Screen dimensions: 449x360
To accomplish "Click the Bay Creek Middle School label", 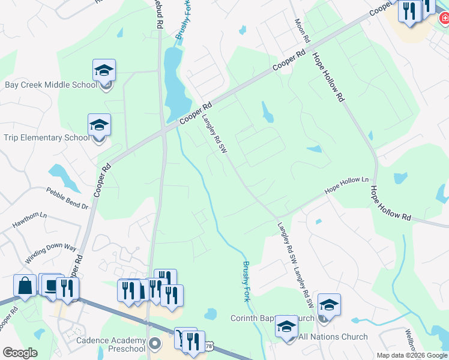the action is pyautogui.click(x=51, y=85).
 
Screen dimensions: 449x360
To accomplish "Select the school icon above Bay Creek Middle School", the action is pyautogui.click(x=104, y=70).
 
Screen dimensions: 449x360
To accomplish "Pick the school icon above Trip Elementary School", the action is pyautogui.click(x=99, y=125).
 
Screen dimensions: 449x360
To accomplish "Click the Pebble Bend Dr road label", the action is pyautogui.click(x=67, y=198).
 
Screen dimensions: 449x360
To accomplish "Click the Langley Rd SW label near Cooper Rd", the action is pyautogui.click(x=214, y=133).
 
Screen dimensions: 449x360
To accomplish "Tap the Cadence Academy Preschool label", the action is pyautogui.click(x=111, y=344).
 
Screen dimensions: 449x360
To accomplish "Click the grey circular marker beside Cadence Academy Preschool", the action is pyautogui.click(x=155, y=343).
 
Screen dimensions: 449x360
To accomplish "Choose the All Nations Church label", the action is pyautogui.click(x=333, y=337).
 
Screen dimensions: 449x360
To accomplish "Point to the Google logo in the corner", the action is pyautogui.click(x=20, y=353).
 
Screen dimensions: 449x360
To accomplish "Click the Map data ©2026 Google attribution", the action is pyautogui.click(x=411, y=355).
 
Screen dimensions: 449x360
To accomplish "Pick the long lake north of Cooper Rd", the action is pyautogui.click(x=173, y=84).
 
